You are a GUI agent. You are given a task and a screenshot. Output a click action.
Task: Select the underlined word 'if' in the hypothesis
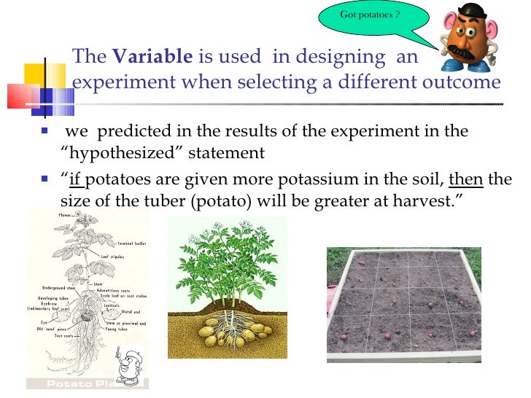(x=77, y=179)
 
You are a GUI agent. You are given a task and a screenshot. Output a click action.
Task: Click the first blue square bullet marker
(x=44, y=132)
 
